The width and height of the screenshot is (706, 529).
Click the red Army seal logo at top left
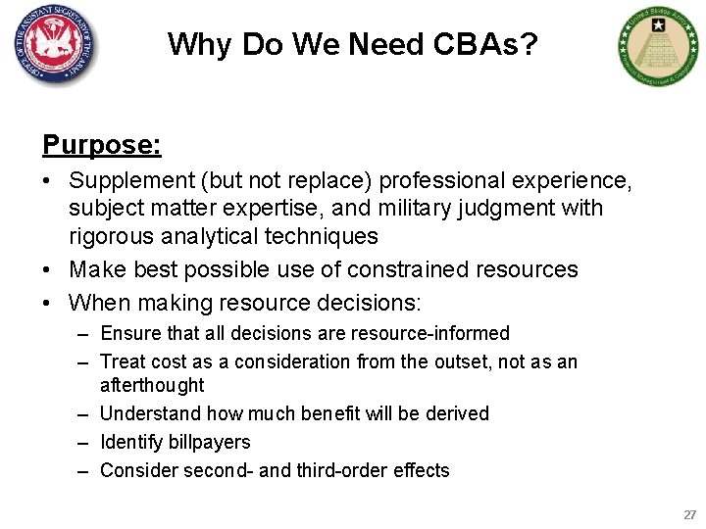(57, 45)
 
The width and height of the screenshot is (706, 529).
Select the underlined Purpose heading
(102, 145)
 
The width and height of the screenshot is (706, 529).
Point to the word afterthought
(152, 385)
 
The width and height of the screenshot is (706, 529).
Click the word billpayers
(208, 442)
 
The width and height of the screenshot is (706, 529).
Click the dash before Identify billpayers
(86, 442)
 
